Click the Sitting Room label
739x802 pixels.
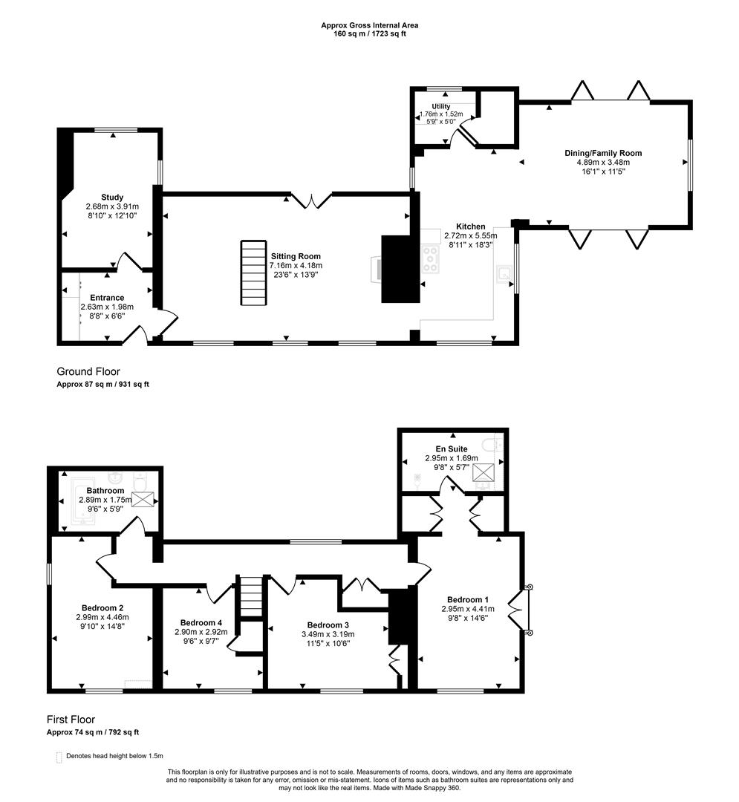(x=296, y=256)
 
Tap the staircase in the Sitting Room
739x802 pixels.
(x=254, y=273)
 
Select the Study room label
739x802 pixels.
(x=112, y=197)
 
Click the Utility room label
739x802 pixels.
(x=441, y=106)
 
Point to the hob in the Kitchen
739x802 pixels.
(x=430, y=259)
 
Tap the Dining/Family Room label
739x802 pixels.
(x=603, y=153)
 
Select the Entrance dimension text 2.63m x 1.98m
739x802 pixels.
(x=107, y=307)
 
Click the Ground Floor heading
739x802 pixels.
(x=88, y=371)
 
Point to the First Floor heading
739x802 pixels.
(x=71, y=720)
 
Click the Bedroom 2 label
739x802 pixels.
(x=102, y=608)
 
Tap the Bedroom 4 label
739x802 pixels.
(x=201, y=623)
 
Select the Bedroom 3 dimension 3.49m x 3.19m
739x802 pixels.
(x=328, y=634)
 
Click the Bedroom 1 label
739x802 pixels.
(x=468, y=599)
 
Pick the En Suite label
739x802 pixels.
(x=452, y=449)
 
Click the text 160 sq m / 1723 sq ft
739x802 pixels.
(x=370, y=34)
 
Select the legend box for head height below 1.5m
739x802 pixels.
(x=59, y=757)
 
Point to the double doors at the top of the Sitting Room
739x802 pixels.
(x=311, y=200)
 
